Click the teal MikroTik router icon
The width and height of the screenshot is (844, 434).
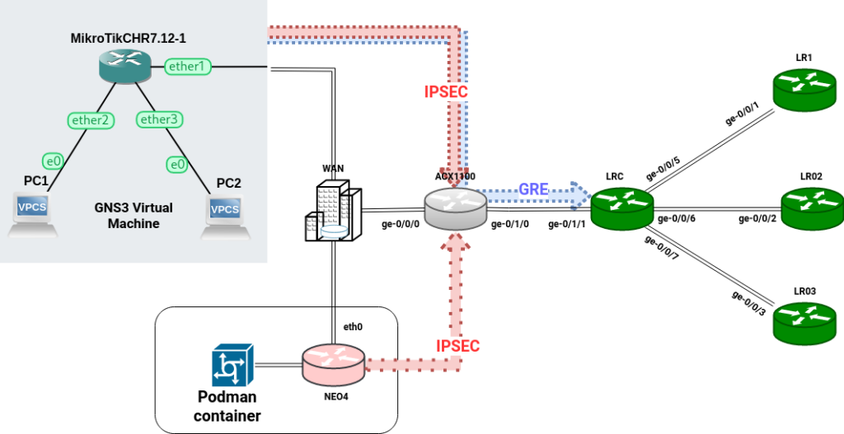click(124, 66)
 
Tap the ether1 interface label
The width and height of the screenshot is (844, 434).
click(188, 66)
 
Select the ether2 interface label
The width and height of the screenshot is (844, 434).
click(91, 120)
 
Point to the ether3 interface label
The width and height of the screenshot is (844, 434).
click(159, 120)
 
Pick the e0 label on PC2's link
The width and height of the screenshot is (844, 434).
click(176, 164)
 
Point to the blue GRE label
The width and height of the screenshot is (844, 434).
click(533, 189)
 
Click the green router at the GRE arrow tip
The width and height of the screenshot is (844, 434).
click(622, 208)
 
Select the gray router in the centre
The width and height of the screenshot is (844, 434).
click(456, 208)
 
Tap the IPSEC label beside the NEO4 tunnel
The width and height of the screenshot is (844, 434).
click(457, 346)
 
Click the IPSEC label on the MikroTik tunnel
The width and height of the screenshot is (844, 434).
click(446, 92)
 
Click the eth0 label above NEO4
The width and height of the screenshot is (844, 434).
click(353, 327)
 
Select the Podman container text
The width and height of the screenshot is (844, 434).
click(227, 407)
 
